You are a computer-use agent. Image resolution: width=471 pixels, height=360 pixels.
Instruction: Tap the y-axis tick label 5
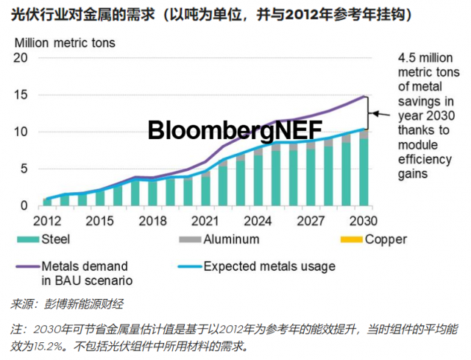tap(24, 169)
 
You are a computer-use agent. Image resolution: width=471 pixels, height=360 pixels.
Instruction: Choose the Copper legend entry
tap(386, 239)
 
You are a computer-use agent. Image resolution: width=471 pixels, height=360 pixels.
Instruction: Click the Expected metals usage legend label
tap(269, 266)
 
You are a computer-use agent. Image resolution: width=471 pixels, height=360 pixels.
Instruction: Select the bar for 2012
tap(47, 202)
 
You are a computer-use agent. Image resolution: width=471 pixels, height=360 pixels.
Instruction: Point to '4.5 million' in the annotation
tap(428, 58)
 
